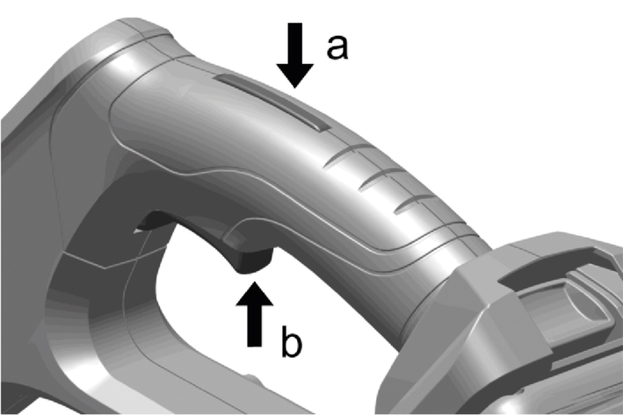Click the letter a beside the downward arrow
coord(337,47)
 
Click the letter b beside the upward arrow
coord(292,341)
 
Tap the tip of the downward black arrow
coord(295,88)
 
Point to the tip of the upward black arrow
coord(254,282)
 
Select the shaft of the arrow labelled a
coord(295,44)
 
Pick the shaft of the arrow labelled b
coord(255,326)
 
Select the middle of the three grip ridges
coord(381,178)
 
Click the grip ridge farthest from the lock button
coord(416,203)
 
